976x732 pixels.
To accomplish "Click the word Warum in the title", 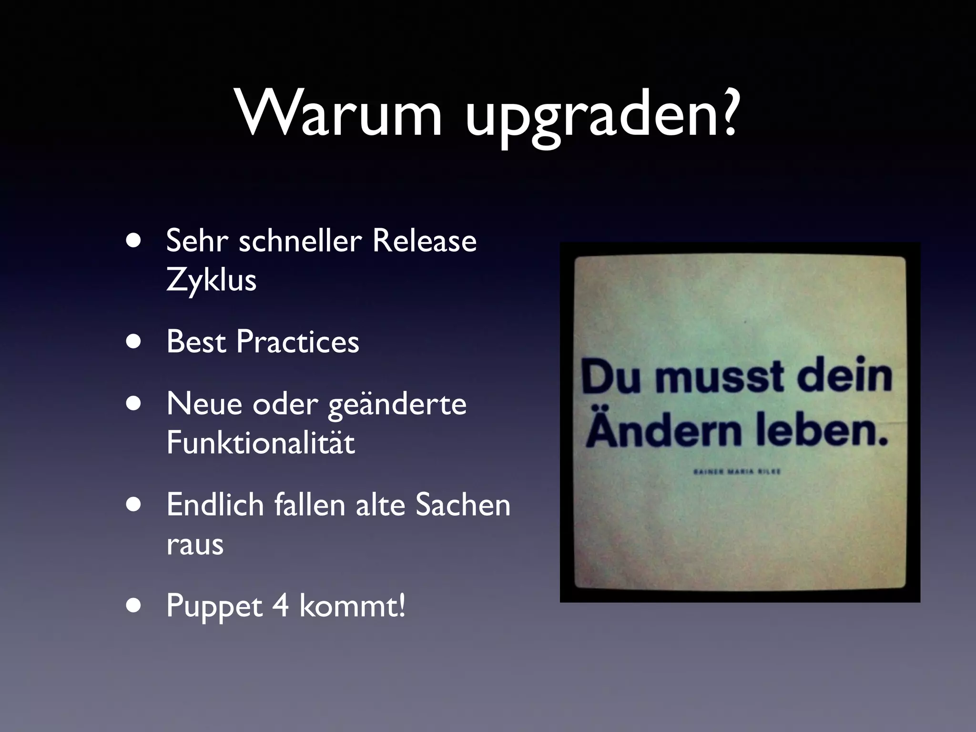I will (339, 114).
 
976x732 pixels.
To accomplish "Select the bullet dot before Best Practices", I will (134, 342).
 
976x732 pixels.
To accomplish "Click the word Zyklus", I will (211, 280).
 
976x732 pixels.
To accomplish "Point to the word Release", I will (424, 240).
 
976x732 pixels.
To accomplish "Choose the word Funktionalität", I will (261, 443).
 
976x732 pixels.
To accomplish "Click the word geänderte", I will (397, 405).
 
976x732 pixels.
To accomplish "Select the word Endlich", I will (215, 505).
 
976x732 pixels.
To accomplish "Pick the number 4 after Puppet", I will (281, 606).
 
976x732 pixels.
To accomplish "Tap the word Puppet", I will (214, 608).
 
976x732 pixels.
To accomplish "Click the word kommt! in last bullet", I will (352, 606).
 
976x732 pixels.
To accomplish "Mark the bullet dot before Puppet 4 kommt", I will (134, 606).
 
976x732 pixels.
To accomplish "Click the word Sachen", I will (463, 505).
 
